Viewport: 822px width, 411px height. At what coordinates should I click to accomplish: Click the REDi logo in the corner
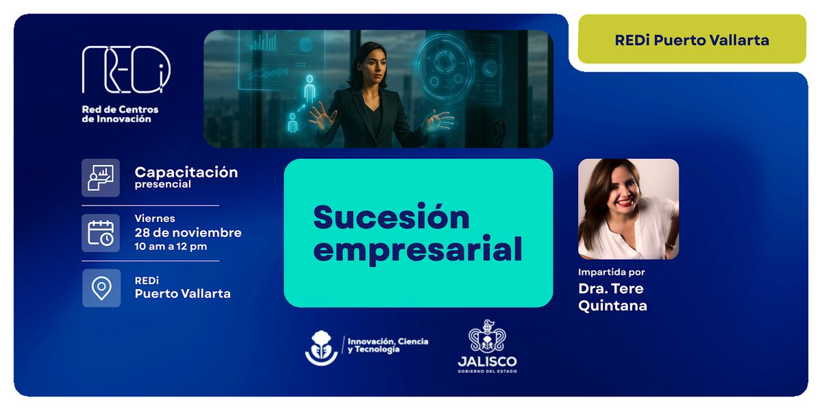tap(126, 69)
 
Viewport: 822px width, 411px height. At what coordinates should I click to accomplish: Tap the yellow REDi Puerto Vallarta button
tap(692, 40)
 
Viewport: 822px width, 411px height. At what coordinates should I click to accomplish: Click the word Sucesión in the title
tap(391, 217)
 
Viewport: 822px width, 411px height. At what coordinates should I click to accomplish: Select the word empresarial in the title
tap(418, 249)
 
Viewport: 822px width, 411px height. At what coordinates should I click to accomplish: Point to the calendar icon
tap(101, 233)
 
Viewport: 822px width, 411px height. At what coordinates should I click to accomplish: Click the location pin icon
tap(101, 288)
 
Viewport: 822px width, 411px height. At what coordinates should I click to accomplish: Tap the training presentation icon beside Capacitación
tap(101, 177)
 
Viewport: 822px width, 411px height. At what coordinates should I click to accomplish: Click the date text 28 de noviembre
tap(188, 233)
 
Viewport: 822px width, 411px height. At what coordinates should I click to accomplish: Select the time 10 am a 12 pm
tap(171, 247)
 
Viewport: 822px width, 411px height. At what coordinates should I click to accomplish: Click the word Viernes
tap(155, 219)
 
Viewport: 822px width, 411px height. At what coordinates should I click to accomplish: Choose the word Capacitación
tap(186, 172)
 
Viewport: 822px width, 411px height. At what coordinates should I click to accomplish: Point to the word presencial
tap(163, 184)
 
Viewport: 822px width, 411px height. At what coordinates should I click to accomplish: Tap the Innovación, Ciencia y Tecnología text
tap(388, 345)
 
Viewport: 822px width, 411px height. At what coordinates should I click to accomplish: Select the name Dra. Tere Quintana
tap(612, 297)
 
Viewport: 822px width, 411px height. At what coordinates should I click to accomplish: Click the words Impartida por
tap(612, 273)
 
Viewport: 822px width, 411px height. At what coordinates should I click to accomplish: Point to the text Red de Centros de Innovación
tap(120, 114)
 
